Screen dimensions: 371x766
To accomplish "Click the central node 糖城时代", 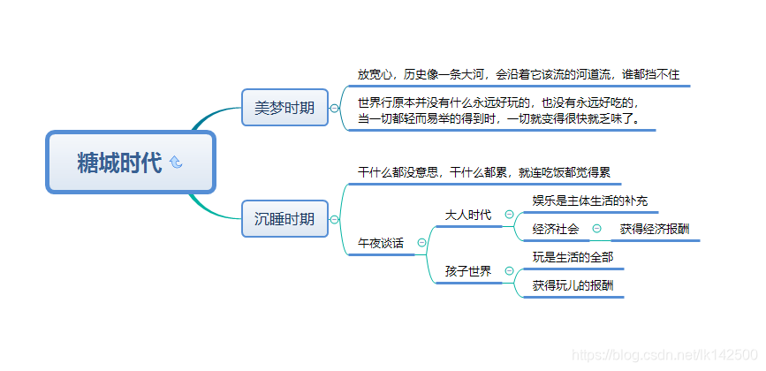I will coord(119,163).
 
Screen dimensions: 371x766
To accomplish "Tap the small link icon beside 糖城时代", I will coord(175,162).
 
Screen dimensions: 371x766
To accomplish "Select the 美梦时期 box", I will coord(284,108).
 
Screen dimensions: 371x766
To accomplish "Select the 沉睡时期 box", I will coord(284,219).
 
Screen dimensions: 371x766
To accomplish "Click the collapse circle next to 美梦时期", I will coord(334,109).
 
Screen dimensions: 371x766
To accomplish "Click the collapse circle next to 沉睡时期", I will coord(334,219).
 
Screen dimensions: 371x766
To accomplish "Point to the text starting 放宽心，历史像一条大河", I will coord(519,74).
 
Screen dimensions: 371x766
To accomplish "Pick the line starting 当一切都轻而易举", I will coord(498,117).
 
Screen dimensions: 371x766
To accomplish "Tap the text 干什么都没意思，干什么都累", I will coord(483,172).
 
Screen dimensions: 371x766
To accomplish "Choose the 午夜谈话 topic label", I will coord(381,243).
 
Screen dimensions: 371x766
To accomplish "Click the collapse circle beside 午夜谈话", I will coord(421,243).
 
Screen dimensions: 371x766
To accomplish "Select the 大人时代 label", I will coord(468,215).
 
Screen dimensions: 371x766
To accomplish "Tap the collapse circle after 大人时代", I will coord(509,215).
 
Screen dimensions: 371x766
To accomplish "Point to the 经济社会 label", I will coord(556,229).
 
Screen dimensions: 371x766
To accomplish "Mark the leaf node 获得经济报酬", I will coord(655,229).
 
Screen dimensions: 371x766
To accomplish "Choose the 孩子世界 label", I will coord(468,271).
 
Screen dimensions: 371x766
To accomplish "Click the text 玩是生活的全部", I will coord(573,257).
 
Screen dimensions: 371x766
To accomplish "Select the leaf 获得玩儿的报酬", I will coord(573,285).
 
